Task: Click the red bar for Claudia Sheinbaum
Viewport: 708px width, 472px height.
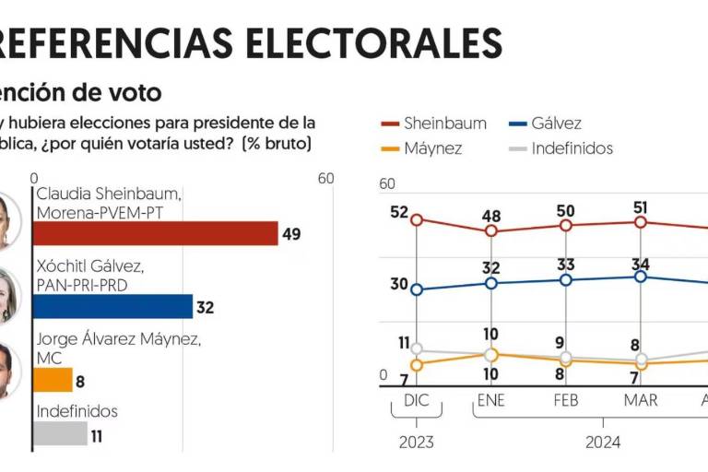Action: click(156, 233)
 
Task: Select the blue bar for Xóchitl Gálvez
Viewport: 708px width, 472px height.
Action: click(113, 306)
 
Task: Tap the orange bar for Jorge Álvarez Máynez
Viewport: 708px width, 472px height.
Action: click(53, 380)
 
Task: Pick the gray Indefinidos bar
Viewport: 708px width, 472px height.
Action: click(61, 432)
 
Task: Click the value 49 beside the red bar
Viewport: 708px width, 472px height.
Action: click(291, 234)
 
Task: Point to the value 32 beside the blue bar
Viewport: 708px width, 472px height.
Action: click(205, 307)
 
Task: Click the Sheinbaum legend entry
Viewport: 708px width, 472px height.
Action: click(432, 124)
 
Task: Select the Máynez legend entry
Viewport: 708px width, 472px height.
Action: click(420, 147)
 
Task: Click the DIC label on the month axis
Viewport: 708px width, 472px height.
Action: click(417, 400)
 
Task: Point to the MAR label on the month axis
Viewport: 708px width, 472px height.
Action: click(641, 400)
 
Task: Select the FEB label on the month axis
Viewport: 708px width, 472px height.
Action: click(565, 400)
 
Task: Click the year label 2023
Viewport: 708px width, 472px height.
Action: click(417, 442)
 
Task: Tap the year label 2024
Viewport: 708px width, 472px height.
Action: click(603, 442)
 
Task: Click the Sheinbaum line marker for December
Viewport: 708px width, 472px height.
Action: click(417, 219)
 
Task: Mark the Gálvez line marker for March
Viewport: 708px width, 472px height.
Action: click(641, 277)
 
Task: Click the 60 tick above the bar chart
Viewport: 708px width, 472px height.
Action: click(325, 178)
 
